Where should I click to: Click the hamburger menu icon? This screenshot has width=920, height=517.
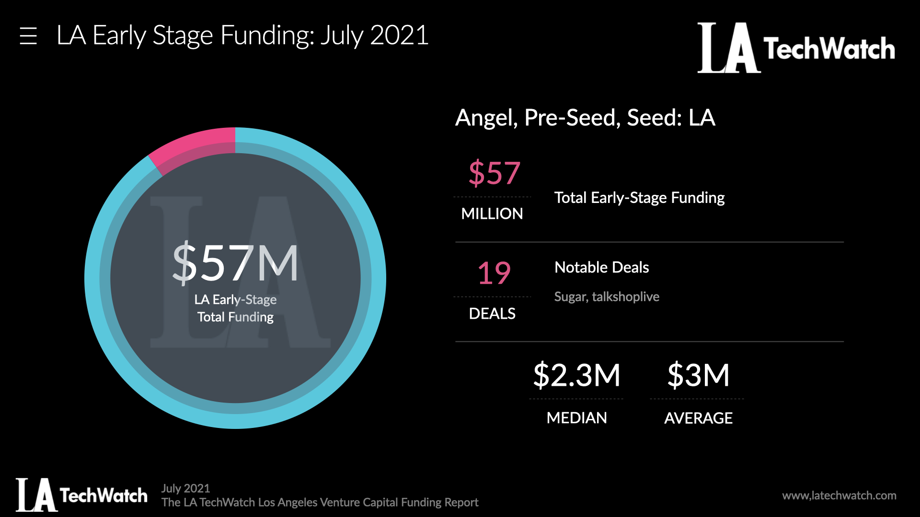(28, 36)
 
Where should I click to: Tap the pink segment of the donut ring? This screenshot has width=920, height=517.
(194, 144)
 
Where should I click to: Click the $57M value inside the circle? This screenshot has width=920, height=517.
(235, 263)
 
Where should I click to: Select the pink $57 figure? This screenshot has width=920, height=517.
(494, 173)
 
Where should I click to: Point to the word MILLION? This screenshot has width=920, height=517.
(492, 214)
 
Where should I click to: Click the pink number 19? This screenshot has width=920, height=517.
(494, 273)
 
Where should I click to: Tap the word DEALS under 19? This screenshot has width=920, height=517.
(492, 314)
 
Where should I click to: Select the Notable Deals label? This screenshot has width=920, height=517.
(601, 267)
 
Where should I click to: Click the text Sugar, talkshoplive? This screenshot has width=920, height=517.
(607, 297)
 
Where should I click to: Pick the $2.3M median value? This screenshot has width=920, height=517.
(576, 375)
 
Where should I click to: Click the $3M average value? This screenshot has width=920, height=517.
(698, 375)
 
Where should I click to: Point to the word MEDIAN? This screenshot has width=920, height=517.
(576, 418)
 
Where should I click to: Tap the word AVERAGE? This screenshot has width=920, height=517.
(698, 418)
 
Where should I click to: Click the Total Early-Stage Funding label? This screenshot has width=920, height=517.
(639, 198)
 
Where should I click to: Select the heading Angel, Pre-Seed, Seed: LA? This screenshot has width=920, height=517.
(585, 118)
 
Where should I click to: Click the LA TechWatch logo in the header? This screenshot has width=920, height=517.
(796, 48)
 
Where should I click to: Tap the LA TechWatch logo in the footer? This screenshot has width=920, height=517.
(81, 495)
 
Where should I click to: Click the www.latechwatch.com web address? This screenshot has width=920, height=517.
(839, 495)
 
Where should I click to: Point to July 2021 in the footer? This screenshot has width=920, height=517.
(185, 488)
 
